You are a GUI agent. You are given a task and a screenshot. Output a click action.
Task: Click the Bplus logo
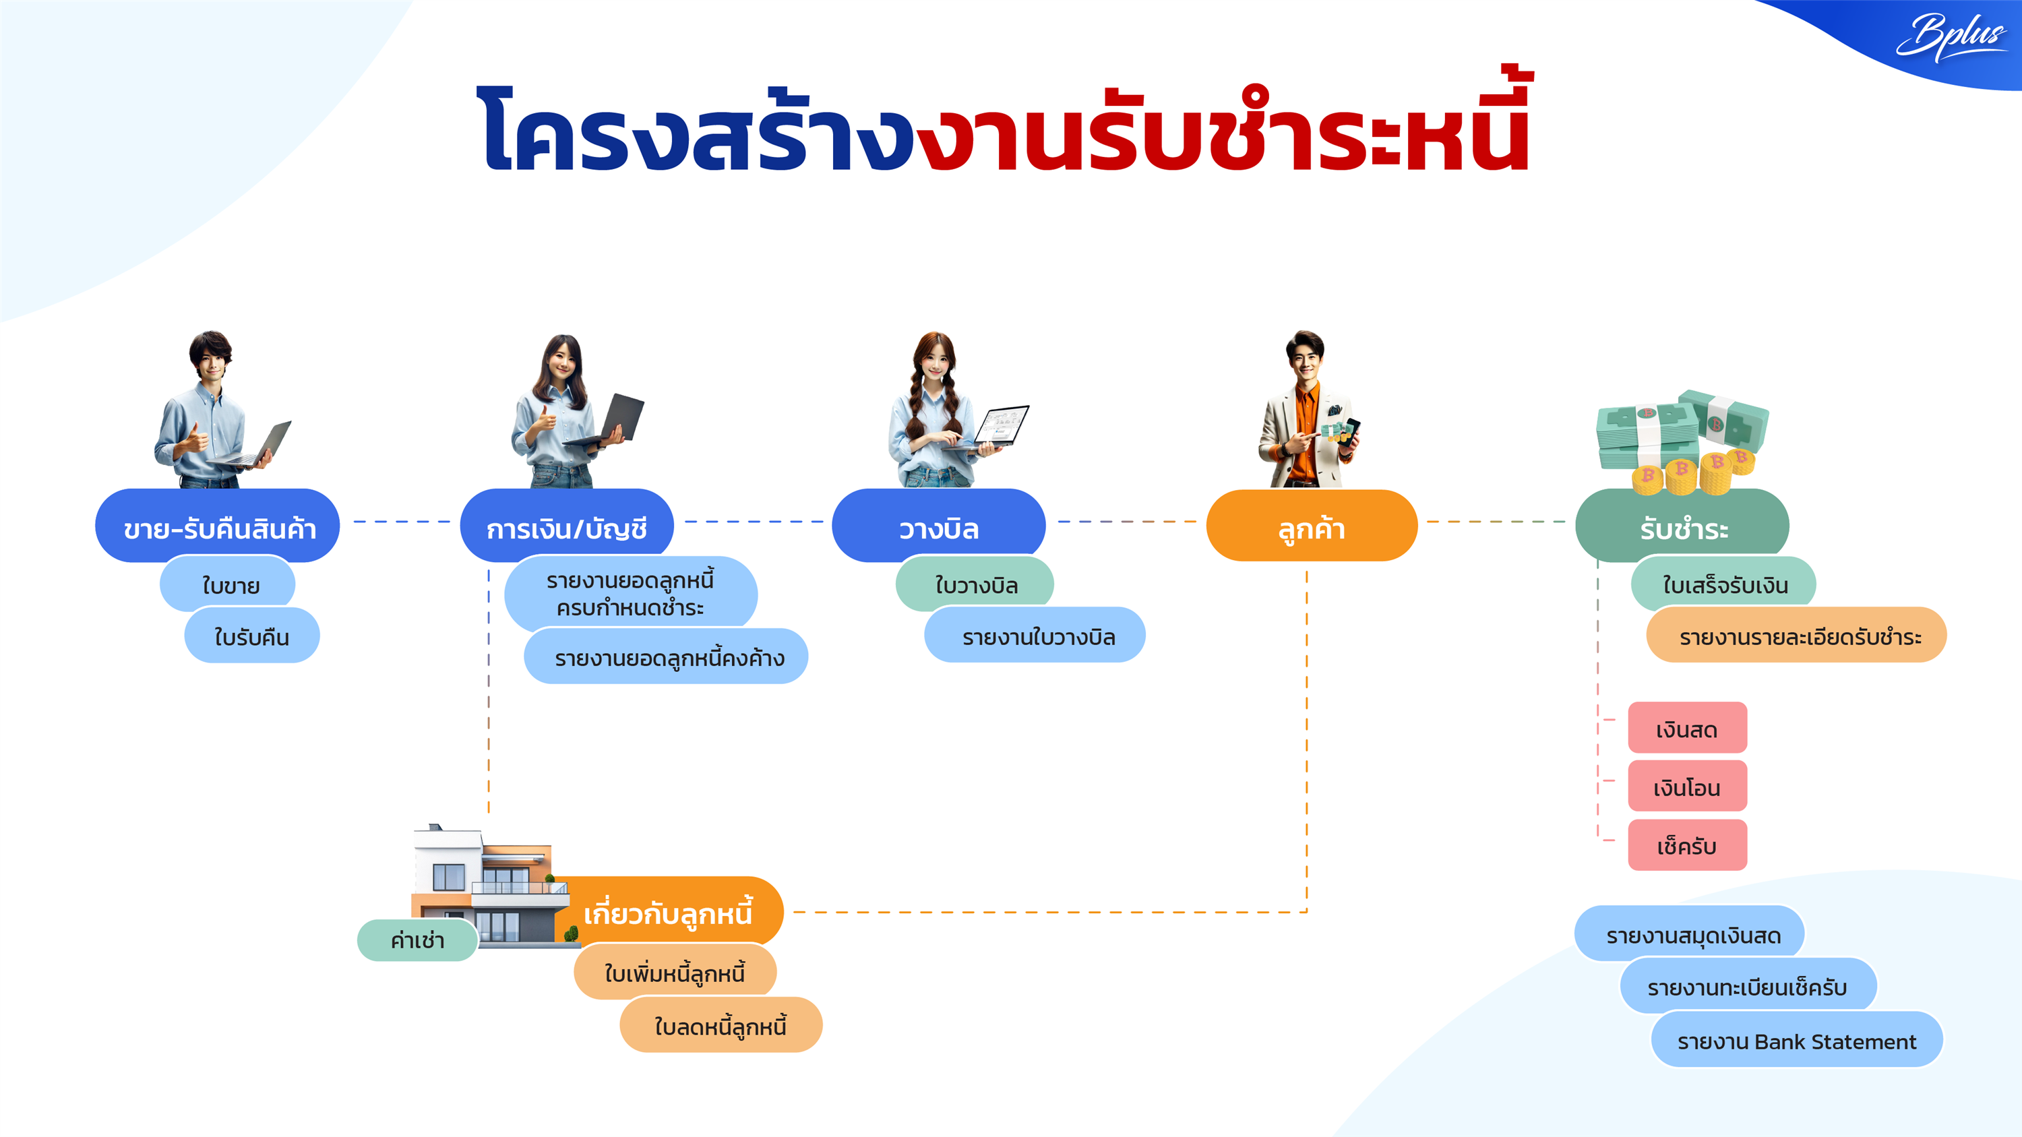pyautogui.click(x=1949, y=35)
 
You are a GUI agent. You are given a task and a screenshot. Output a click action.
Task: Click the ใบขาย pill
pyautogui.click(x=229, y=584)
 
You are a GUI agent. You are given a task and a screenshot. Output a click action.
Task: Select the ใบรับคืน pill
pyautogui.click(x=251, y=636)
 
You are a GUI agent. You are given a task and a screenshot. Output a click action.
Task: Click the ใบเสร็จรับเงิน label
pyautogui.click(x=1723, y=584)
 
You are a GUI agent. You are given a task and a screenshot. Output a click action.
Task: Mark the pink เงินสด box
pyautogui.click(x=1687, y=729)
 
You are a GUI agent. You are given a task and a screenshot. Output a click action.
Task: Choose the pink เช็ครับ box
pyautogui.click(x=1687, y=846)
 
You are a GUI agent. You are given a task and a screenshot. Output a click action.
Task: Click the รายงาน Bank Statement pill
pyautogui.click(x=1796, y=1041)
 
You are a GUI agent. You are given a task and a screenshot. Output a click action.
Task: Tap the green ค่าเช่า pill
pyautogui.click(x=417, y=940)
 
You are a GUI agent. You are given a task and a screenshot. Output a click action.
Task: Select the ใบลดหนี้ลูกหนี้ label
pyautogui.click(x=720, y=1026)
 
